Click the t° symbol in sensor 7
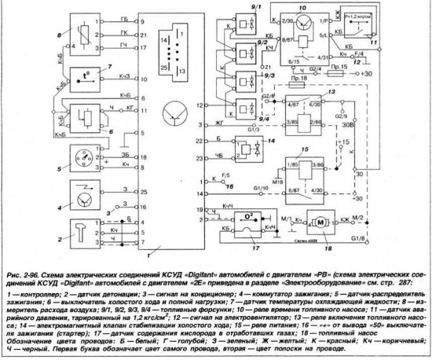[x=82, y=79]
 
